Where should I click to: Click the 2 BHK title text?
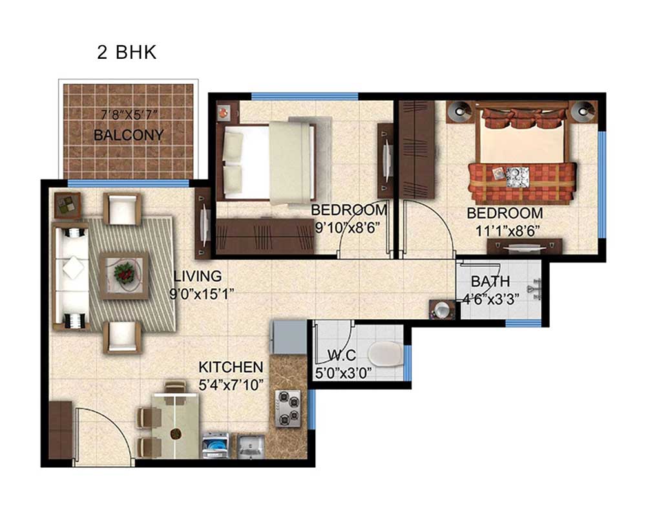(127, 53)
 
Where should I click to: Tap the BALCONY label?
(129, 134)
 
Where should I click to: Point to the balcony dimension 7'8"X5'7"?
(129, 114)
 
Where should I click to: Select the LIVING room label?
(198, 276)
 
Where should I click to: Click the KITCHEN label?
(231, 366)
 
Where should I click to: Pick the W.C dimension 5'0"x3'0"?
(343, 373)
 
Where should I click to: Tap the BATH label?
(490, 281)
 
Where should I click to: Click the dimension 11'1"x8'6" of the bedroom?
(508, 231)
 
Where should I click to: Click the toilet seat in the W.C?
(385, 354)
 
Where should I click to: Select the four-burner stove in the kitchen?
(288, 408)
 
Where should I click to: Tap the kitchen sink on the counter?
(251, 446)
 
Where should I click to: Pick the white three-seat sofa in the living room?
(71, 276)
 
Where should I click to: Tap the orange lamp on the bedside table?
(224, 111)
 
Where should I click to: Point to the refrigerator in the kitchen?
(288, 337)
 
